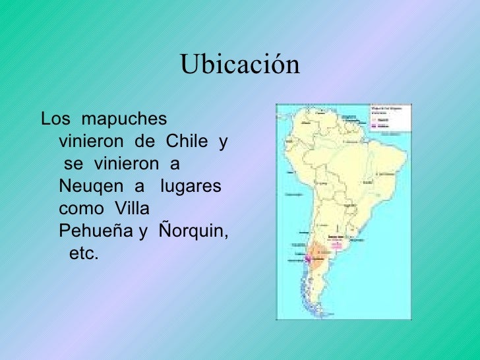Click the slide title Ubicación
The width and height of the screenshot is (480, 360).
[239, 66]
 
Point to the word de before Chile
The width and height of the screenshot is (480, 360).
[143, 142]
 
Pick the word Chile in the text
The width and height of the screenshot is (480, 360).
[187, 142]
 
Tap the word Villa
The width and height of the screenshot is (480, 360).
[132, 209]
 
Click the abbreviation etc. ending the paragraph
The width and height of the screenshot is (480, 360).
[83, 254]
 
